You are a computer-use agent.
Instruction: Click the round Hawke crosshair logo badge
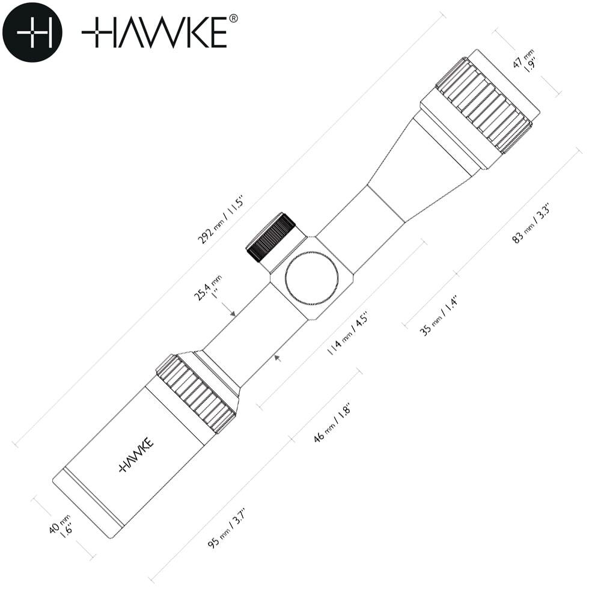click(32, 32)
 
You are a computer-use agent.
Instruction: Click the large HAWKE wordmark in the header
click(154, 32)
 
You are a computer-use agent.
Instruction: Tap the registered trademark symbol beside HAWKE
click(233, 19)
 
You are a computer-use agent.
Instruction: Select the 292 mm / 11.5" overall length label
click(221, 221)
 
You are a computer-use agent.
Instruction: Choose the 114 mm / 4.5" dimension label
click(347, 334)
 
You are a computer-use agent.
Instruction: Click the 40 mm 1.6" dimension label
click(61, 526)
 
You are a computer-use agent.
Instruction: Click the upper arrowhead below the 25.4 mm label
click(232, 314)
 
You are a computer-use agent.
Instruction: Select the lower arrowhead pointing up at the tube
click(278, 358)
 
